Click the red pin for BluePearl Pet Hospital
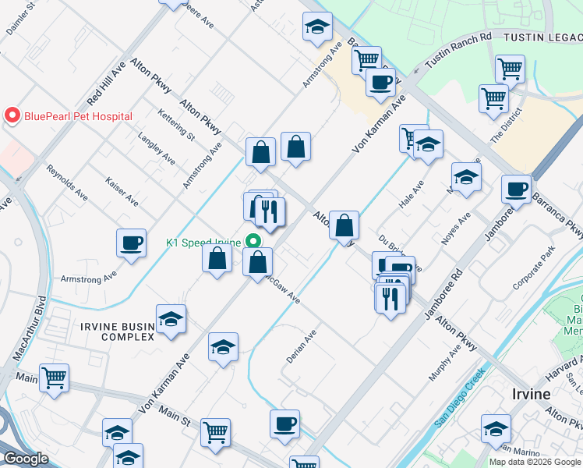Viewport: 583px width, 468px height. pyautogui.click(x=12, y=116)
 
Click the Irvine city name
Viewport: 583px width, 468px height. pyautogui.click(x=532, y=393)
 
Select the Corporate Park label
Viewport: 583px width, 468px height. pyautogui.click(x=533, y=270)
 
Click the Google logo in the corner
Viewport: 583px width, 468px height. pyautogui.click(x=26, y=459)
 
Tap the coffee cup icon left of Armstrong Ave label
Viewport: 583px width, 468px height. pyautogui.click(x=132, y=242)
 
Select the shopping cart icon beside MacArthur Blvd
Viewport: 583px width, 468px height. pyautogui.click(x=54, y=378)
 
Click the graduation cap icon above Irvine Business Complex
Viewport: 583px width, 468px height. pyautogui.click(x=171, y=319)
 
